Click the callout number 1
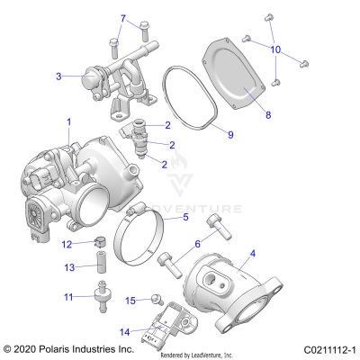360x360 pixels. [68, 121]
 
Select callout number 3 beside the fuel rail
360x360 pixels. [58, 76]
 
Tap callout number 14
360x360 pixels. [123, 332]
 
